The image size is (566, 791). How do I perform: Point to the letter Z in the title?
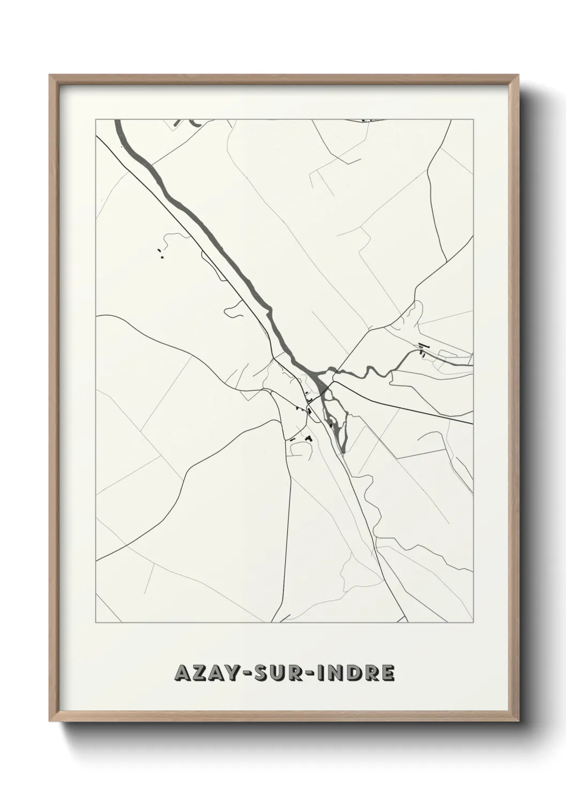[x=199, y=673]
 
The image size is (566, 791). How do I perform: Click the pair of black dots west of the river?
[x=160, y=253]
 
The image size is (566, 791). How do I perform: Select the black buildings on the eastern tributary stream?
[x=422, y=349]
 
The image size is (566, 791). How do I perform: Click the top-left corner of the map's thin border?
[x=96, y=120]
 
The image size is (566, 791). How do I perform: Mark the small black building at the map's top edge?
[x=364, y=121]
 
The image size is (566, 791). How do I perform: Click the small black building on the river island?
[x=332, y=425]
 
